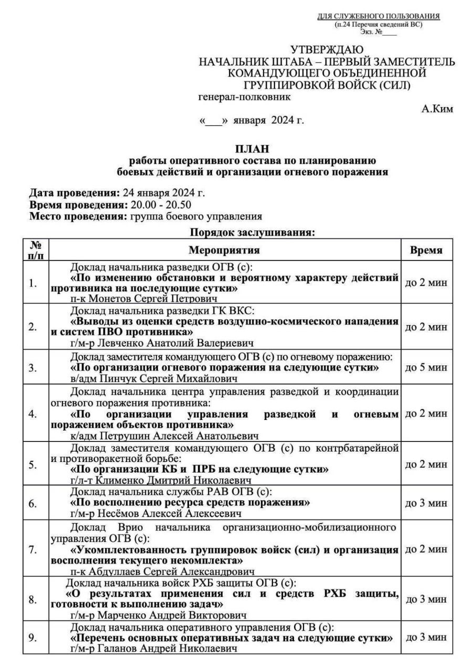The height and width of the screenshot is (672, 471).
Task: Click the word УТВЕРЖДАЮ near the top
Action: [x=327, y=50]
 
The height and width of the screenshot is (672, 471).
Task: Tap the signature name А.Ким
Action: [x=438, y=109]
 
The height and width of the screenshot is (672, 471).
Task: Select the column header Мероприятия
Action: [x=224, y=251]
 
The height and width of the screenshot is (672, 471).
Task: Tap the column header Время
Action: [x=426, y=251]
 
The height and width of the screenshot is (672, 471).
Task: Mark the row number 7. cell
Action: [x=33, y=550]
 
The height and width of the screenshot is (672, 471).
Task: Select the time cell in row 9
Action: [x=426, y=637]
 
